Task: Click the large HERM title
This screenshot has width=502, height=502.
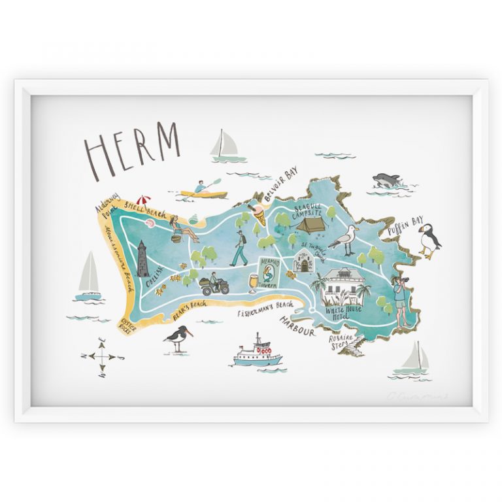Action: pyautogui.click(x=131, y=150)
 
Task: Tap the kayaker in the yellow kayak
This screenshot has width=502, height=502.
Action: pyautogui.click(x=203, y=191)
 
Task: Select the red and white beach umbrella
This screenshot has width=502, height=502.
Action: pyautogui.click(x=142, y=202)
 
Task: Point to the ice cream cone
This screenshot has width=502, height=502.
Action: pyautogui.click(x=259, y=213)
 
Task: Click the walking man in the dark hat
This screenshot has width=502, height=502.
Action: pyautogui.click(x=239, y=249)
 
